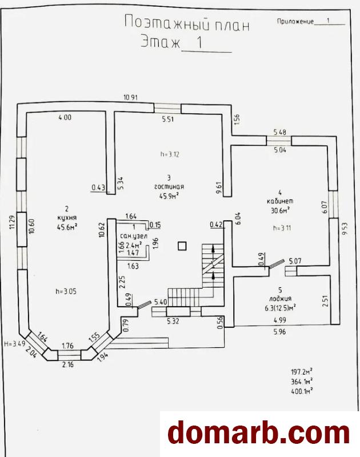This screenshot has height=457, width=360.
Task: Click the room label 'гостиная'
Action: (x=168, y=186)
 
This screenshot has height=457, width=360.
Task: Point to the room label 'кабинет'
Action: (x=279, y=201)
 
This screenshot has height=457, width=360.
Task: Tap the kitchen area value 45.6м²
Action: (x=67, y=226)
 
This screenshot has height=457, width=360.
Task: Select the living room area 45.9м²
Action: (x=169, y=196)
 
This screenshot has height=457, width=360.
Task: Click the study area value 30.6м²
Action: (x=279, y=210)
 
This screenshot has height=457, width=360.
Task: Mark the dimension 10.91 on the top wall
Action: (x=130, y=97)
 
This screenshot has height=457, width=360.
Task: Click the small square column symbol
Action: (x=182, y=246)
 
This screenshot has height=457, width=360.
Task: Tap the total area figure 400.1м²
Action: (x=301, y=391)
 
